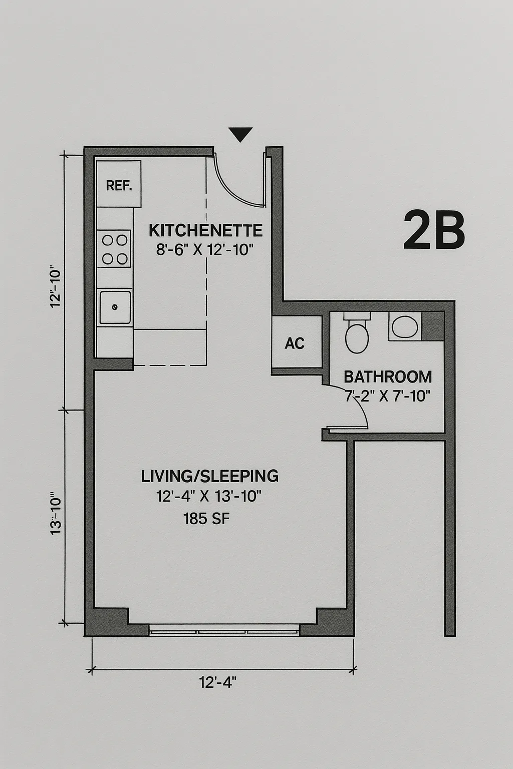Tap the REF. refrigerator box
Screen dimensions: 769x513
119,184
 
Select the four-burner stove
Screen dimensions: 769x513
114,249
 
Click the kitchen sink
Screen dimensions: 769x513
115,306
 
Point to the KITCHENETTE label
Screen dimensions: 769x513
205,231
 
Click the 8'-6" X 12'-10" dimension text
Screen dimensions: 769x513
205,249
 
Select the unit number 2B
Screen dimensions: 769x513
434,230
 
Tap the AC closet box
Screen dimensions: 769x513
295,343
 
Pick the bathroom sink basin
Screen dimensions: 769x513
404,327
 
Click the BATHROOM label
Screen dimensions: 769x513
388,376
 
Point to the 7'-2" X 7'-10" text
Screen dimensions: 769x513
388,396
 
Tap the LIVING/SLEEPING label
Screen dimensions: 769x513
210,476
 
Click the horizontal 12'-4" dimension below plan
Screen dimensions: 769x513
217,682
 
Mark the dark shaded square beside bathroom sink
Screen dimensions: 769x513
433,326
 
